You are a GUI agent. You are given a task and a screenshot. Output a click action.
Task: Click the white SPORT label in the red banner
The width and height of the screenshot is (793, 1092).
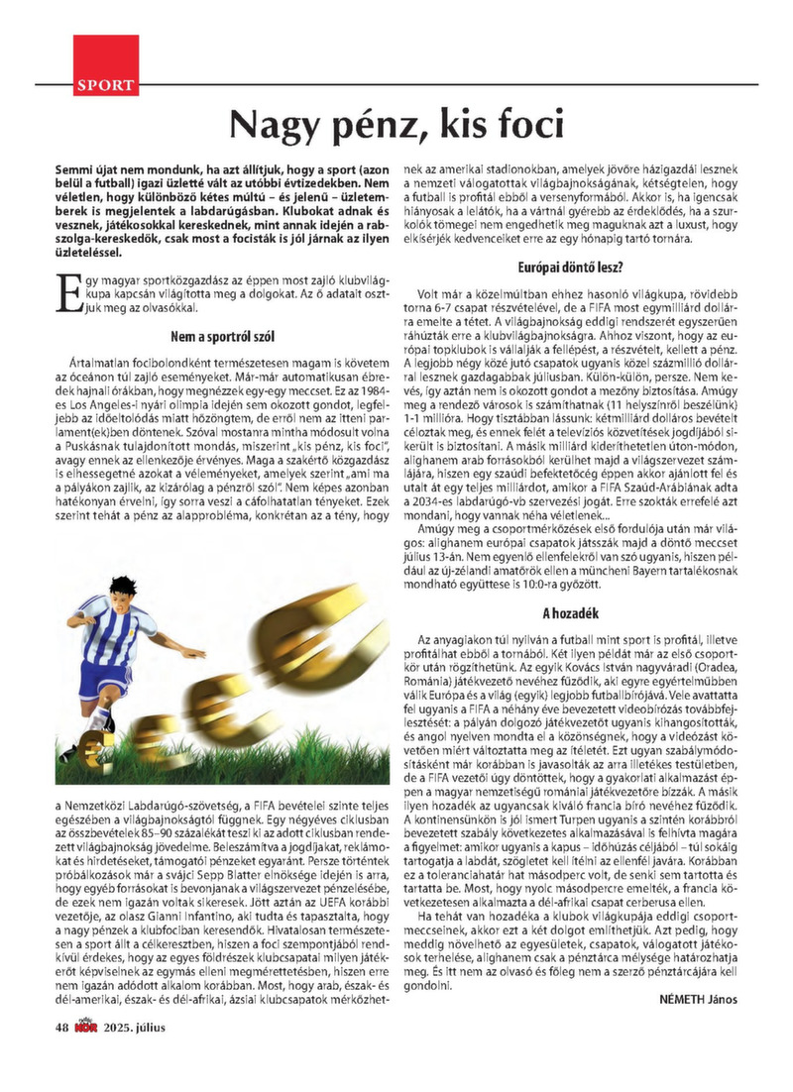(105, 85)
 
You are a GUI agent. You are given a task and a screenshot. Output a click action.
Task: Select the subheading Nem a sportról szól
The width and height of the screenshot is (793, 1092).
(222, 336)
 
